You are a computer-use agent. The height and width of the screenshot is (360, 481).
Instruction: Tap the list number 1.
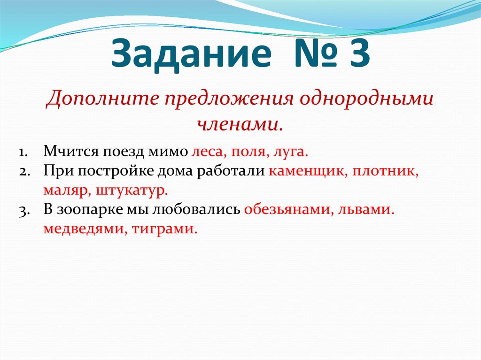(23, 153)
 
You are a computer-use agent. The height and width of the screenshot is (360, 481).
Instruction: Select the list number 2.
(24, 172)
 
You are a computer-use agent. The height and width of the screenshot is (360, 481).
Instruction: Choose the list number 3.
(24, 210)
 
